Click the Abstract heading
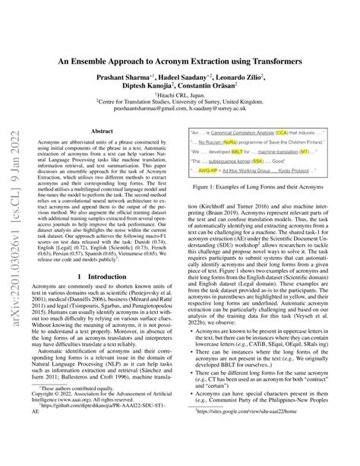pos(102,132)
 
